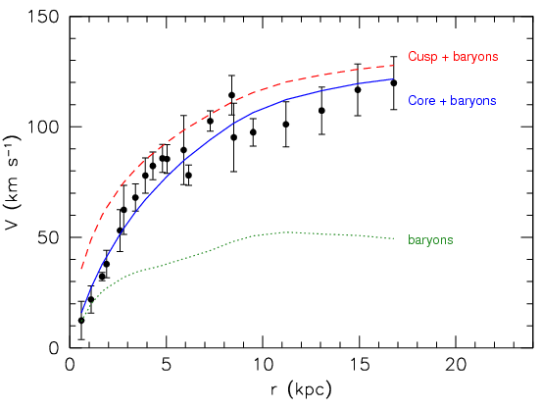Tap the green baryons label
(x=430, y=239)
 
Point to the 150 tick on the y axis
(x=43, y=18)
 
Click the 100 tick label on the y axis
(x=43, y=127)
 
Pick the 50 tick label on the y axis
(x=47, y=237)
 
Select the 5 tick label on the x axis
(x=166, y=364)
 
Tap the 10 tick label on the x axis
(x=262, y=364)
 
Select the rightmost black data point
(x=393, y=83)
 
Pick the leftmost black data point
(x=81, y=321)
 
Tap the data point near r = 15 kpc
(x=358, y=90)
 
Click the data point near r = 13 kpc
(x=321, y=111)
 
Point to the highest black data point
(x=231, y=96)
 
